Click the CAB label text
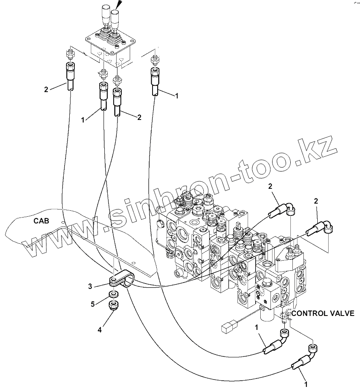click(x=41, y=220)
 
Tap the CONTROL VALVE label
click(x=323, y=313)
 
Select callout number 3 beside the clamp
click(x=90, y=287)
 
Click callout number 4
click(x=100, y=330)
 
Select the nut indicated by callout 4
click(x=113, y=306)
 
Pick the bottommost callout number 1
click(x=305, y=385)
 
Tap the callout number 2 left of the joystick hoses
click(x=46, y=90)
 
